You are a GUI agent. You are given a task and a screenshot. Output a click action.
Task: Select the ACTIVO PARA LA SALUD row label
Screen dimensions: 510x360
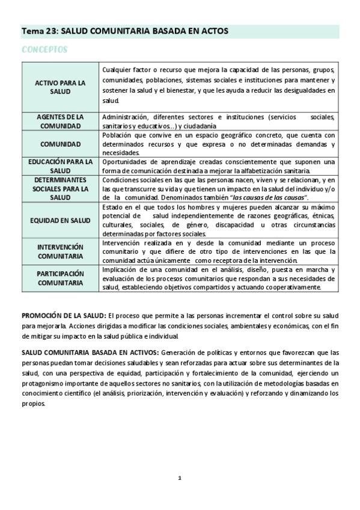60,87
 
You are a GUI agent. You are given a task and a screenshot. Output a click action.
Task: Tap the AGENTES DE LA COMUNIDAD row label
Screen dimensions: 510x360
60,121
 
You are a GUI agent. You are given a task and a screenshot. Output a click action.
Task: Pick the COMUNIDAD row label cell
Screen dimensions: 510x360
60,144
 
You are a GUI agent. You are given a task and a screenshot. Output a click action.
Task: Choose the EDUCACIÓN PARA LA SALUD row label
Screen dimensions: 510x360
60,166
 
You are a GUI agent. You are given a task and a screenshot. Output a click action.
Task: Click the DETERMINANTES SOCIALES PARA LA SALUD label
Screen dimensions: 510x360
60,188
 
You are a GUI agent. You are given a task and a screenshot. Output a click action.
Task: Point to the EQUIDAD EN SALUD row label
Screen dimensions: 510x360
60,220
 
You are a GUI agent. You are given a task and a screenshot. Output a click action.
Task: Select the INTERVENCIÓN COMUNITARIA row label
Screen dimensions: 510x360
60,251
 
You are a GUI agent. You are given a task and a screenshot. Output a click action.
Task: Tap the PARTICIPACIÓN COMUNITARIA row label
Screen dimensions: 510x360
60,277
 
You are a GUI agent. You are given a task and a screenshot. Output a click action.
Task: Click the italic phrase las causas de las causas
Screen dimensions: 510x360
270,198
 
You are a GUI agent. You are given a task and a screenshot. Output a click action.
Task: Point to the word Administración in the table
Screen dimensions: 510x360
126,117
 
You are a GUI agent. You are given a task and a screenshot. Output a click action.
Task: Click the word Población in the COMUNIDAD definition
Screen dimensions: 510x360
118,135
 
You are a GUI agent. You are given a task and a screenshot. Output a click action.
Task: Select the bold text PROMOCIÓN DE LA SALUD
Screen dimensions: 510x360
64,315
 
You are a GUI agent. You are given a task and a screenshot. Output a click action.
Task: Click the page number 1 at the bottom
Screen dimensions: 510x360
179,478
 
